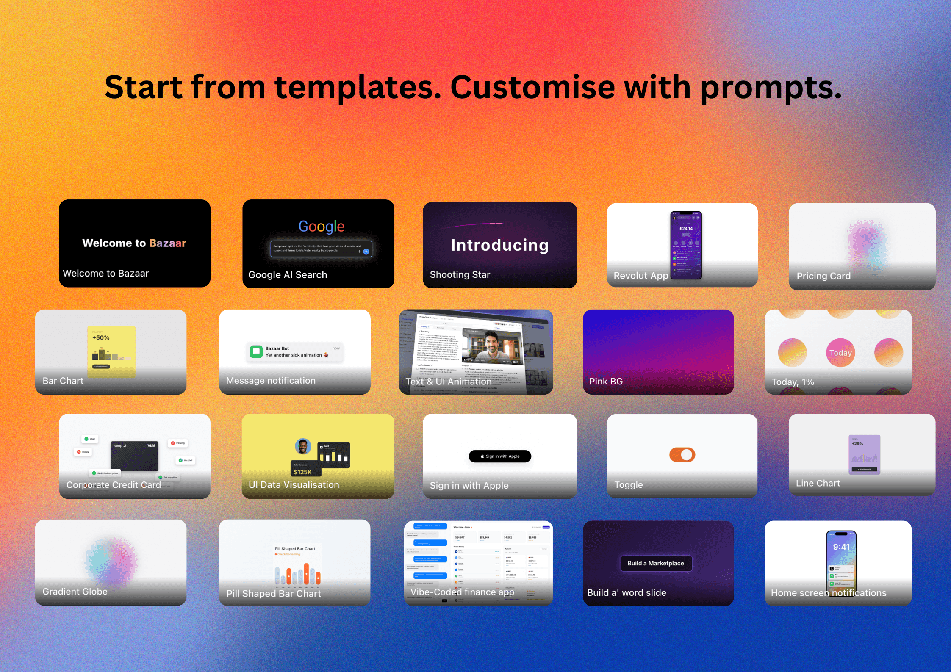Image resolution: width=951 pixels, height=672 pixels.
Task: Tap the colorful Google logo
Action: pyautogui.click(x=321, y=227)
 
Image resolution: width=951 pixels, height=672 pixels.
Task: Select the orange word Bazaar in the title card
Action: pyautogui.click(x=167, y=243)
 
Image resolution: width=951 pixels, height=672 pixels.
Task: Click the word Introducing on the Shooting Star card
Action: pyautogui.click(x=499, y=245)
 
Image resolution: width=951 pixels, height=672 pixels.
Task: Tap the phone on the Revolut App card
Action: pyautogui.click(x=686, y=245)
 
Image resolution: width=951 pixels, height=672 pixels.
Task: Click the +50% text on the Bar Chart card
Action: pyautogui.click(x=101, y=337)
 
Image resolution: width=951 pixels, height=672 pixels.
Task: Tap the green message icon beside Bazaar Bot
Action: pyautogui.click(x=256, y=352)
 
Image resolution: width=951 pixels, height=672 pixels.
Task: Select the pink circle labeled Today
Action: pyautogui.click(x=840, y=353)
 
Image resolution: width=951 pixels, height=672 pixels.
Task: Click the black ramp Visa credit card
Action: pyautogui.click(x=134, y=456)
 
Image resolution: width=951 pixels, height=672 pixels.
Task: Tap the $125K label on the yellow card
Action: pyautogui.click(x=302, y=472)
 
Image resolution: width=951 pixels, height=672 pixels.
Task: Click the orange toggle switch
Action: pyautogui.click(x=682, y=455)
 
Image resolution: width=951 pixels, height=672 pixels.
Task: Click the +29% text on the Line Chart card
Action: pyautogui.click(x=857, y=443)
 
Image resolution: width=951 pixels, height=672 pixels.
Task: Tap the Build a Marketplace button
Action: pyautogui.click(x=655, y=563)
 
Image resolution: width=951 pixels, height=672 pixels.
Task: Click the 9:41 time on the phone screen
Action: pyautogui.click(x=841, y=547)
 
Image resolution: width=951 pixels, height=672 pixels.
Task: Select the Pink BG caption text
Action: pyautogui.click(x=606, y=381)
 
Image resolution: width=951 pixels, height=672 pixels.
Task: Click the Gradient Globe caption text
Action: pyautogui.click(x=75, y=592)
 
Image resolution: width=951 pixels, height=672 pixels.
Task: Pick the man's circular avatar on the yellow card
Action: pyautogui.click(x=303, y=446)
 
